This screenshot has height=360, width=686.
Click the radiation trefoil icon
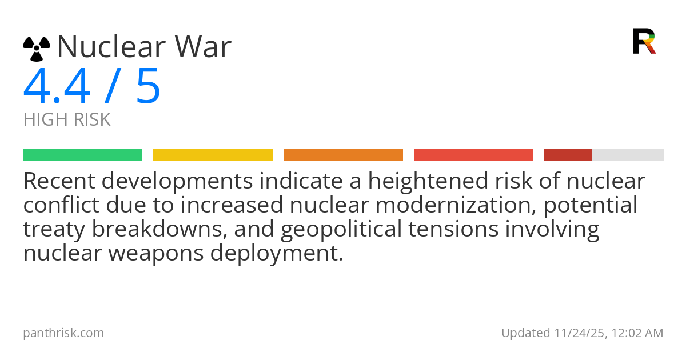coord(37,49)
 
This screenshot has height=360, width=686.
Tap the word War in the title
coord(203,46)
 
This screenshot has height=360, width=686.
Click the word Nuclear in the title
coord(111,46)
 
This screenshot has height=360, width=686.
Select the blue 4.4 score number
coord(57,86)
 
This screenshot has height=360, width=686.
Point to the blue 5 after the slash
coord(148,86)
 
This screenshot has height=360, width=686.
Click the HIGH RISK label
coord(67,119)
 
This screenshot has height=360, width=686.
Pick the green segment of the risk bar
coord(83,155)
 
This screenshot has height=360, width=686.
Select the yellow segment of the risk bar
coord(213,155)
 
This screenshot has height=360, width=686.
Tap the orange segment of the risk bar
coord(344,155)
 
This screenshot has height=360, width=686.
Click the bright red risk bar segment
coord(473,155)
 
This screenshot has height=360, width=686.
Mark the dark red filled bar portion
coord(568,155)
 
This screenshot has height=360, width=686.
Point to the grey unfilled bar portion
coord(628,155)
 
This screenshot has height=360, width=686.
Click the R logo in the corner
coord(644,41)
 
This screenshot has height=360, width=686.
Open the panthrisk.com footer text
coord(63,333)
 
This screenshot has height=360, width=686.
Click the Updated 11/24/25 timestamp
coord(582,333)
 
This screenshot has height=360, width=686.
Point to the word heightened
coord(428,182)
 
